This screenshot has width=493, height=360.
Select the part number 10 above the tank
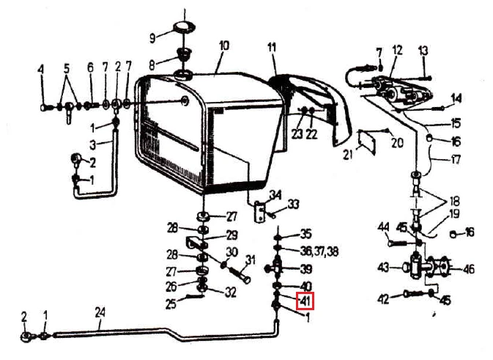point(224,46)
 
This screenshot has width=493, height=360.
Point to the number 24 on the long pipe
point(100,313)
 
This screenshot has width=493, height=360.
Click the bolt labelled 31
point(240,274)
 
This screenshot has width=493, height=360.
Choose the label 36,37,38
point(319,251)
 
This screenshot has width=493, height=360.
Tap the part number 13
point(423,51)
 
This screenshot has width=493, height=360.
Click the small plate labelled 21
point(367,142)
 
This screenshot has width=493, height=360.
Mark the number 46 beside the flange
point(469,269)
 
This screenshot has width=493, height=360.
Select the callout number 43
point(384,268)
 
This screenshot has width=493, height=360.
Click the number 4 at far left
point(41,70)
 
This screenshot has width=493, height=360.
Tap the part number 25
point(171,304)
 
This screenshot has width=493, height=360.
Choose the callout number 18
point(455,201)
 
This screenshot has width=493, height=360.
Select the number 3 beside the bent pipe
point(92,145)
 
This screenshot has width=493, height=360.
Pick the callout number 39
point(306,269)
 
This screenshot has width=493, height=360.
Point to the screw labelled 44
point(398,243)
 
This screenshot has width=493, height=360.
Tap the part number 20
point(398,143)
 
